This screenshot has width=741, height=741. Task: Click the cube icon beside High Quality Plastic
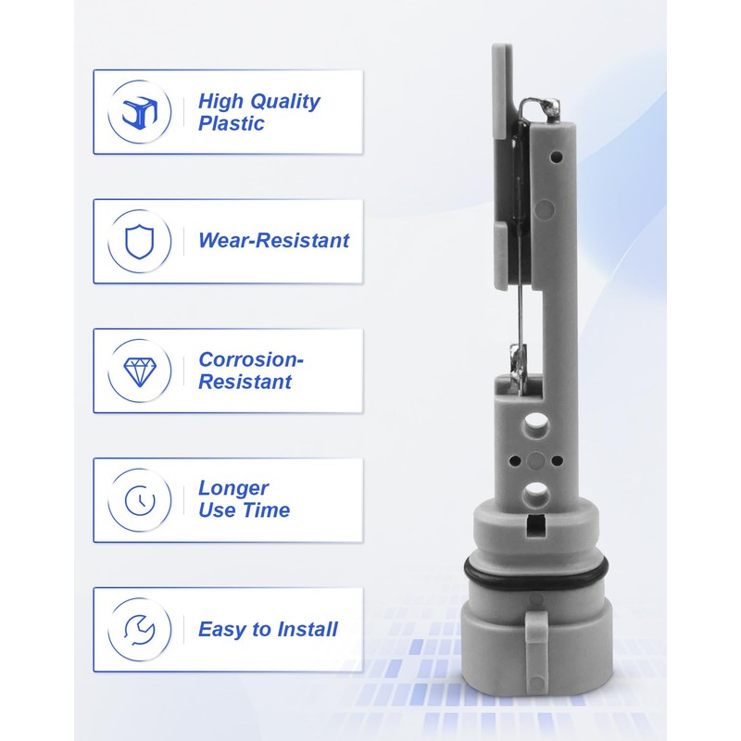(140, 112)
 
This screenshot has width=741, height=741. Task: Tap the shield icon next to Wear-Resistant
(140, 242)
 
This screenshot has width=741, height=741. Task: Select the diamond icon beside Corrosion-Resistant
(140, 371)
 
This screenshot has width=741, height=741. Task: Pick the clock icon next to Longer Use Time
(140, 500)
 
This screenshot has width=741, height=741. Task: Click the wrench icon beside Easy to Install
(140, 630)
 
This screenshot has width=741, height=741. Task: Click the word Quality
(285, 102)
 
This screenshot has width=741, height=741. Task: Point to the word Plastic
(231, 123)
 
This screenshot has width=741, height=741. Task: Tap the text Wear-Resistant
(273, 241)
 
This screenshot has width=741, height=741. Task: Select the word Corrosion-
(250, 359)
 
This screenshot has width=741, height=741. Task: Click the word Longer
(233, 489)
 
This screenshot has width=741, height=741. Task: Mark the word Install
(308, 630)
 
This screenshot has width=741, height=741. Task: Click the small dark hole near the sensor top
(557, 156)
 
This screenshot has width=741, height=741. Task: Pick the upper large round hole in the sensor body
(535, 422)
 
